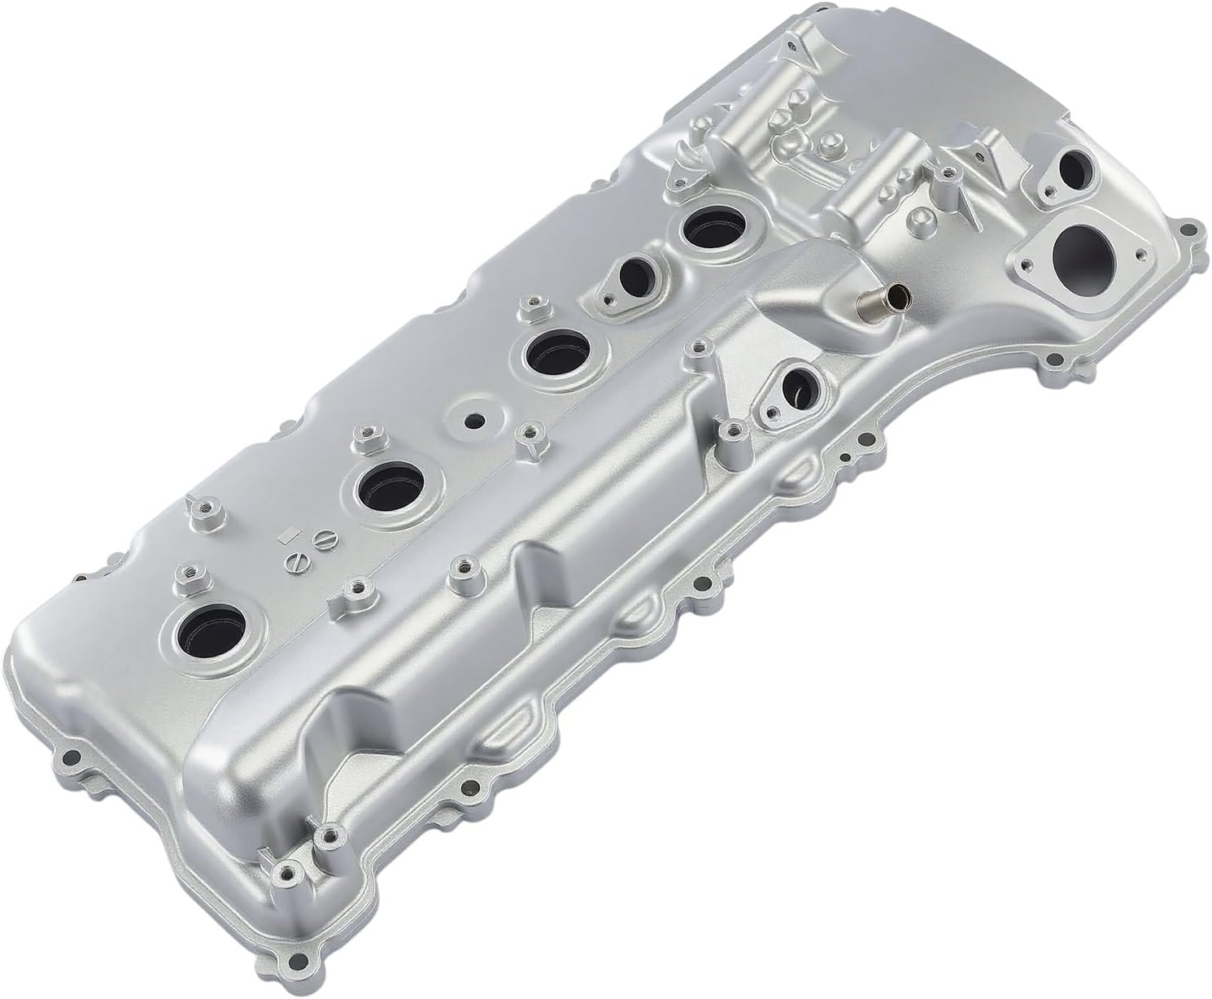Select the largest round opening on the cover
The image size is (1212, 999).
[x=1083, y=252]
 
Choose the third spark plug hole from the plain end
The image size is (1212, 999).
[x=560, y=351]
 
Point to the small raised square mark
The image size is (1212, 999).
[x=286, y=535]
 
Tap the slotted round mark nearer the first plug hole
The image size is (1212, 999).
[x=296, y=561]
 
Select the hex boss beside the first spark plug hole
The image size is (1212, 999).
[x=186, y=575]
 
